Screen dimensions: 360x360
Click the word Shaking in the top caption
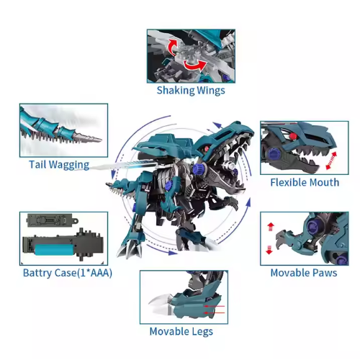[175, 91]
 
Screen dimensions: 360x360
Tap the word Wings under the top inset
[211, 91]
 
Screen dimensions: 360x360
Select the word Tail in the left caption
[37, 165]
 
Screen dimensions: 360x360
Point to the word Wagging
[69, 165]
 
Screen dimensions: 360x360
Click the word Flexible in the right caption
[286, 182]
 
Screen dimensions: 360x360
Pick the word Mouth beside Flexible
[322, 182]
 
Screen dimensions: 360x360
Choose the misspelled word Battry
[37, 273]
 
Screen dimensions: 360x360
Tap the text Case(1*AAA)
[84, 273]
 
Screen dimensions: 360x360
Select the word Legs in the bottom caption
[202, 332]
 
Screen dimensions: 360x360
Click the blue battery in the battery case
[55, 250]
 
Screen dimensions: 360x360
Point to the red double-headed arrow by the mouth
[331, 161]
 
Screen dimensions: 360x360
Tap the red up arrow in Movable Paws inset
[271, 227]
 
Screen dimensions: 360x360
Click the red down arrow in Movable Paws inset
[269, 250]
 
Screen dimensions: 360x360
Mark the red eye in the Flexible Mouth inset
[292, 136]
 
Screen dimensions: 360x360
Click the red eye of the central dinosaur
[207, 148]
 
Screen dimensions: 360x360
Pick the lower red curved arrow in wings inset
[195, 66]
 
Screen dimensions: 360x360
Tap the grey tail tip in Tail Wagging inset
[89, 138]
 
